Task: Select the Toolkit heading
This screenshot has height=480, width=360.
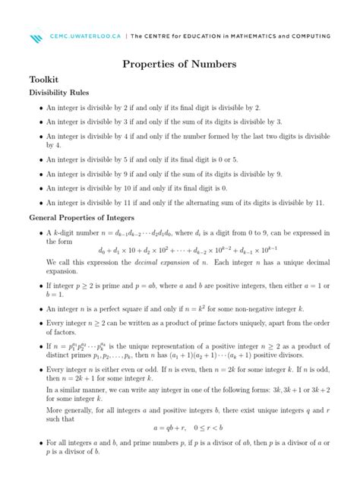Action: [44, 80]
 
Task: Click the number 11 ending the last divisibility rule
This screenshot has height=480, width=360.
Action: [319, 204]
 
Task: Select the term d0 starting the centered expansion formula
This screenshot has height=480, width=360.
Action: [103, 250]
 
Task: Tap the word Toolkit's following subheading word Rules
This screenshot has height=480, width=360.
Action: [84, 93]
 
